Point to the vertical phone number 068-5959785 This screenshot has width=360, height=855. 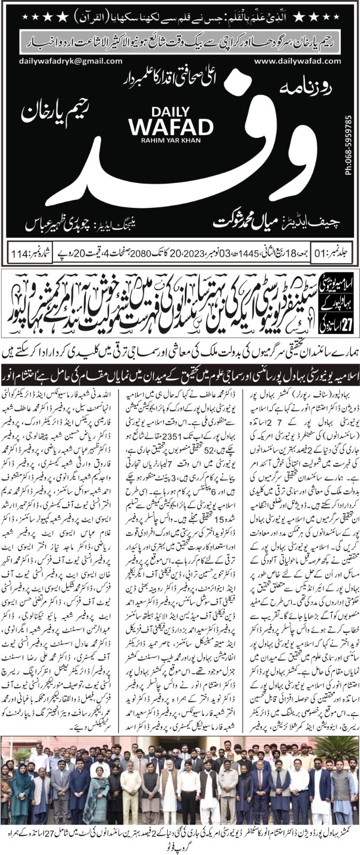click(348, 145)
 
